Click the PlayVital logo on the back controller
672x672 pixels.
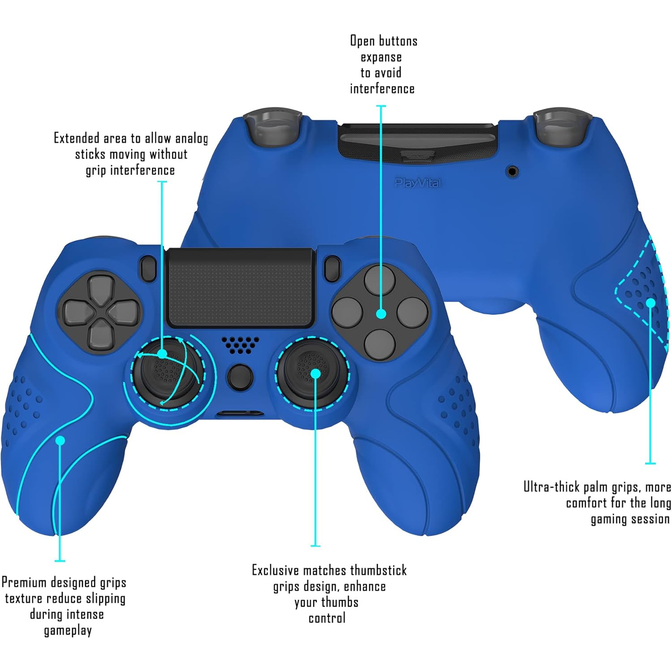418,182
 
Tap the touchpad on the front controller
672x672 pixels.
240,287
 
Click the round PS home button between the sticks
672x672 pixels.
240,377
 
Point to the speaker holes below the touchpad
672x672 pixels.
240,344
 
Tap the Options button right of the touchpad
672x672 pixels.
332,268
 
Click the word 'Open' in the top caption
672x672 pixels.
362,41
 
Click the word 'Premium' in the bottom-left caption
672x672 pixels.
24,582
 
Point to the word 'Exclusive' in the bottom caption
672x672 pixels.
276,570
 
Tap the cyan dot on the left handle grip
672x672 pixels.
60,440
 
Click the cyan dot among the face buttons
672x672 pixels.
381,314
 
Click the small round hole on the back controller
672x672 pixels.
513,171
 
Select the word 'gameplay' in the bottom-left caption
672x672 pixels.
68,631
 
